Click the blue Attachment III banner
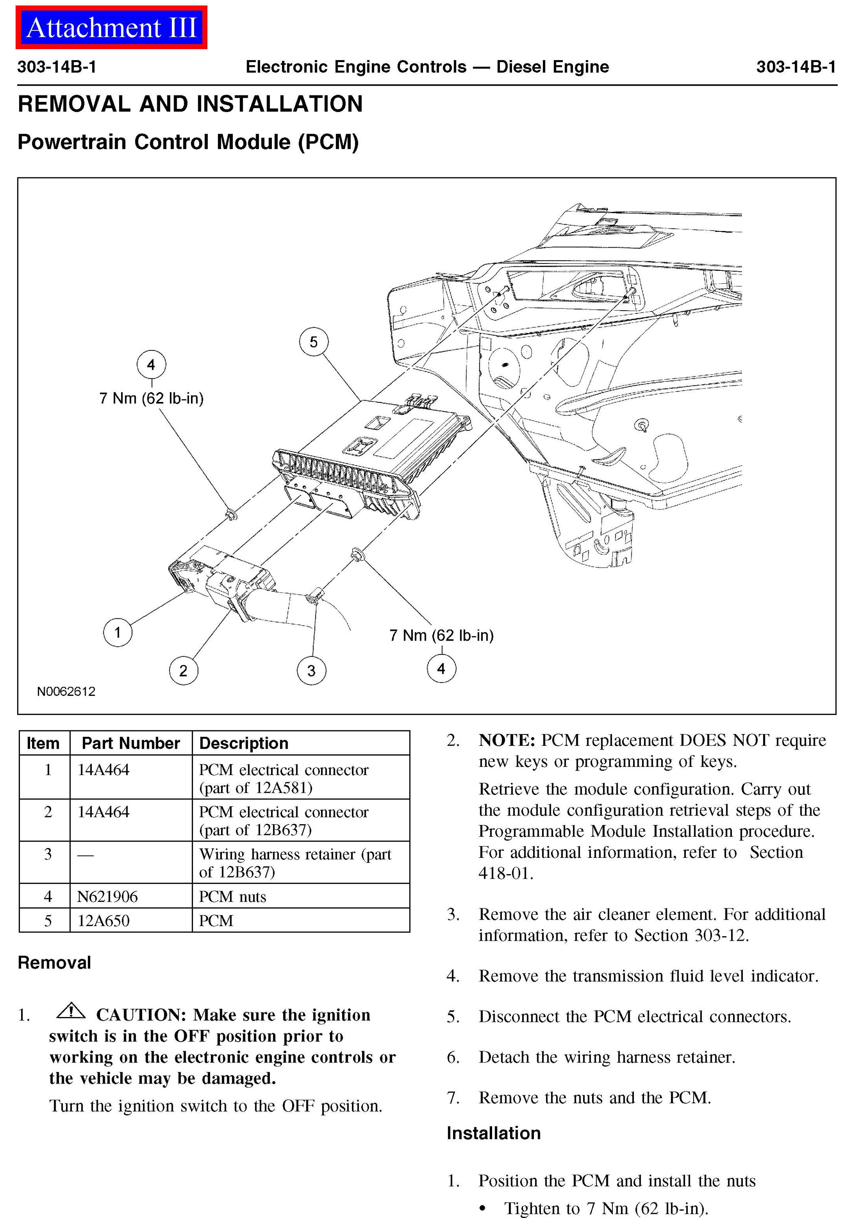(111, 28)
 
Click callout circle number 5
(314, 342)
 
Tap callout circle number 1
(117, 632)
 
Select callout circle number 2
(183, 671)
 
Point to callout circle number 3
(312, 671)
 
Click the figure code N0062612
(66, 691)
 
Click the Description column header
(244, 743)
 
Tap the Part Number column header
(130, 743)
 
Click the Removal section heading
(54, 962)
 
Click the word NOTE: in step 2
(507, 740)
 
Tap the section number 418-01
(506, 873)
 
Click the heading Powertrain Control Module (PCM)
(188, 142)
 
